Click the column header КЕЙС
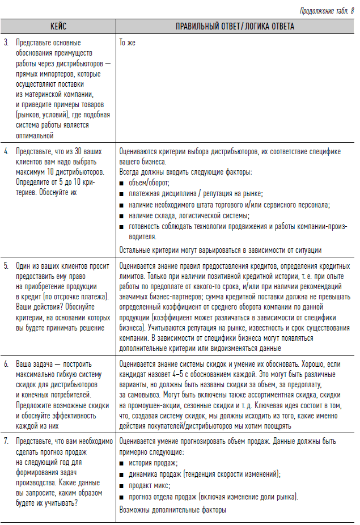point(58,26)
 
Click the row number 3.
point(6,43)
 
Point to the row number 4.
point(6,151)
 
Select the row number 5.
point(6,265)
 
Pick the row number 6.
point(6,364)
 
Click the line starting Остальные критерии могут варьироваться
point(221,250)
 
